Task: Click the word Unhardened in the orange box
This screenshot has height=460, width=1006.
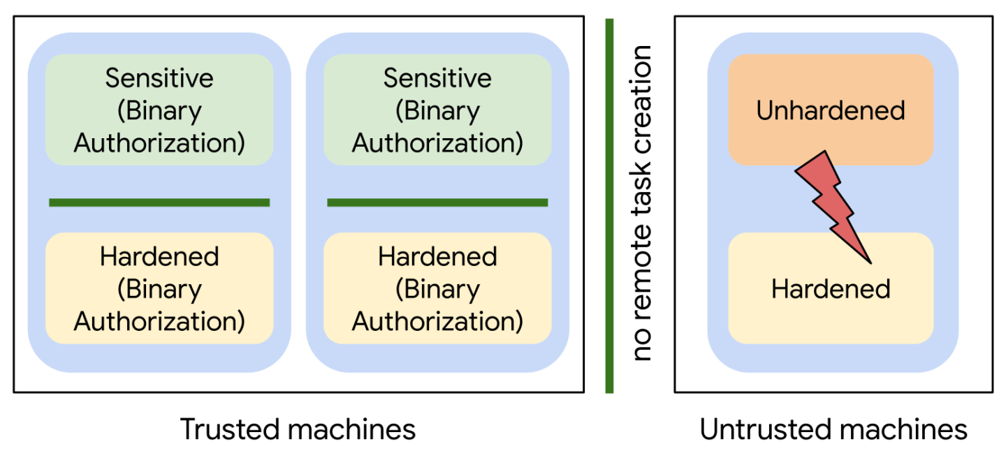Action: tap(831, 110)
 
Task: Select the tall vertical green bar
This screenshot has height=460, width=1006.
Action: tap(609, 206)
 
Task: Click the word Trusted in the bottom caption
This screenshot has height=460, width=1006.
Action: tap(229, 429)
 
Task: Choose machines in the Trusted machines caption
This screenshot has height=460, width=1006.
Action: tap(351, 429)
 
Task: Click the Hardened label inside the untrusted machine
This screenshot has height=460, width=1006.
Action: tap(831, 288)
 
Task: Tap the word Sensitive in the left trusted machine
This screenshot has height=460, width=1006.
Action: tap(159, 78)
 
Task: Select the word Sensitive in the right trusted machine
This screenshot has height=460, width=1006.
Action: tap(437, 78)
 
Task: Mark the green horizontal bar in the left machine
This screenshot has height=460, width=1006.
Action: tap(159, 202)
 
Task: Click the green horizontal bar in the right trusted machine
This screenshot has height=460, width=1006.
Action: tap(437, 202)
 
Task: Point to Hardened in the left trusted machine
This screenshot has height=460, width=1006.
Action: tap(159, 256)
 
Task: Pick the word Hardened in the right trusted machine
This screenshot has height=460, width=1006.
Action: tap(437, 256)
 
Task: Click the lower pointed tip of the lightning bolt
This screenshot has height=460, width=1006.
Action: tap(871, 263)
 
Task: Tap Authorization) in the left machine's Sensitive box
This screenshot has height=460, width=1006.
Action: tap(159, 142)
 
